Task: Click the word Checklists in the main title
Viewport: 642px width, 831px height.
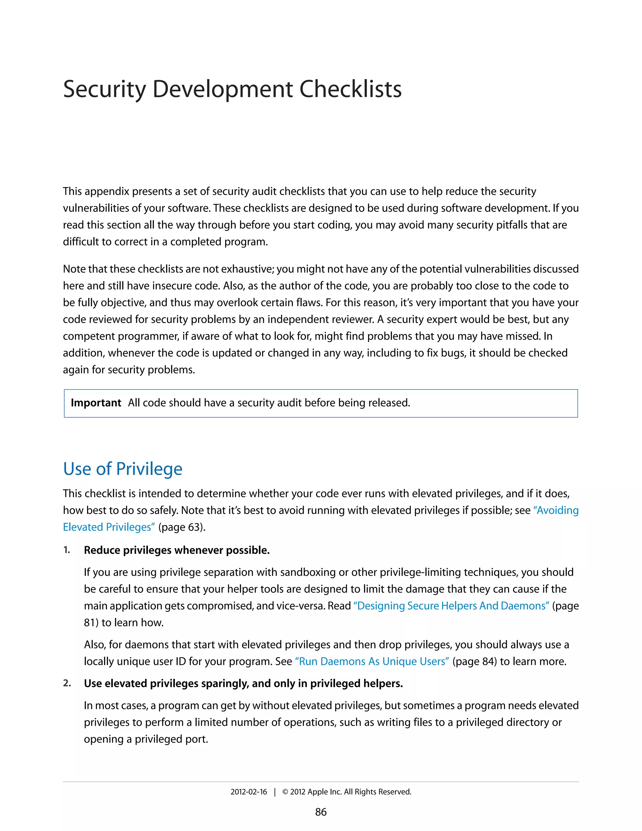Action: click(x=350, y=89)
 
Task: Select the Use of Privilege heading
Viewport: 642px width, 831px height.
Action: click(x=123, y=469)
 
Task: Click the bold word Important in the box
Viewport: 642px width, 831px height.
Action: click(x=96, y=403)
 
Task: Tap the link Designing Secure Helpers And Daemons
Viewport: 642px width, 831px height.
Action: click(x=451, y=606)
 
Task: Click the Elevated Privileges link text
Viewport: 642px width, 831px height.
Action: click(x=109, y=527)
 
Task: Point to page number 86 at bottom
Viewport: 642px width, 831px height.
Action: click(x=321, y=812)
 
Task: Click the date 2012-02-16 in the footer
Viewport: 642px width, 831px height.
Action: click(x=249, y=792)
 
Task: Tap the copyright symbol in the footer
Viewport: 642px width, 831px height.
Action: click(x=285, y=792)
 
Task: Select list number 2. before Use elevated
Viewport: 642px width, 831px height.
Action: click(x=67, y=683)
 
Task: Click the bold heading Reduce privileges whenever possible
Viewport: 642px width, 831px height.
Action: click(x=176, y=550)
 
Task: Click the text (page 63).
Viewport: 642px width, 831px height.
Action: click(x=182, y=527)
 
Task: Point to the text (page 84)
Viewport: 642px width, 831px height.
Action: click(x=475, y=661)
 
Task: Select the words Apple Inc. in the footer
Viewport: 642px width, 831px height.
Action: click(x=324, y=792)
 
